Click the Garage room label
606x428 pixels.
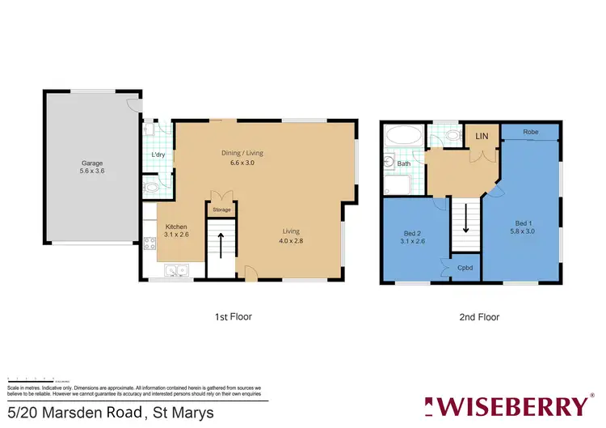pos(90,163)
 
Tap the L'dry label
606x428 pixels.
pos(158,155)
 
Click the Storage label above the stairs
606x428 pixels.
pos(221,210)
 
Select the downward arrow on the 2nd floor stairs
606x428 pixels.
pos(465,220)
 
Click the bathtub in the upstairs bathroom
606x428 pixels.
pos(401,136)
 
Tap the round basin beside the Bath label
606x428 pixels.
pos(389,163)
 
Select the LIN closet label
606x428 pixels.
pos(481,136)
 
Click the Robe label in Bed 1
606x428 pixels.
pos(530,131)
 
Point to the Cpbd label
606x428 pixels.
pos(465,266)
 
